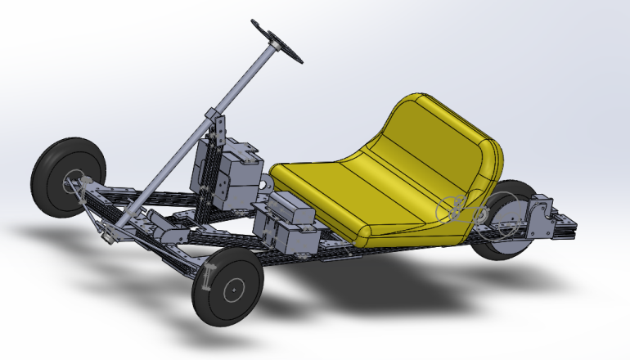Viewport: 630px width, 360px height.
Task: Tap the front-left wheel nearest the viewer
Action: click(x=230, y=287)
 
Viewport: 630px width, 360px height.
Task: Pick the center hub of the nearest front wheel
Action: click(x=232, y=288)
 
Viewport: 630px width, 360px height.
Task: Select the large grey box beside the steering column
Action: click(x=233, y=172)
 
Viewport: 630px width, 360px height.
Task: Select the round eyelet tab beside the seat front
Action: click(x=265, y=185)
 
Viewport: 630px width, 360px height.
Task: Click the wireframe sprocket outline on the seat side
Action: click(x=455, y=209)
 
